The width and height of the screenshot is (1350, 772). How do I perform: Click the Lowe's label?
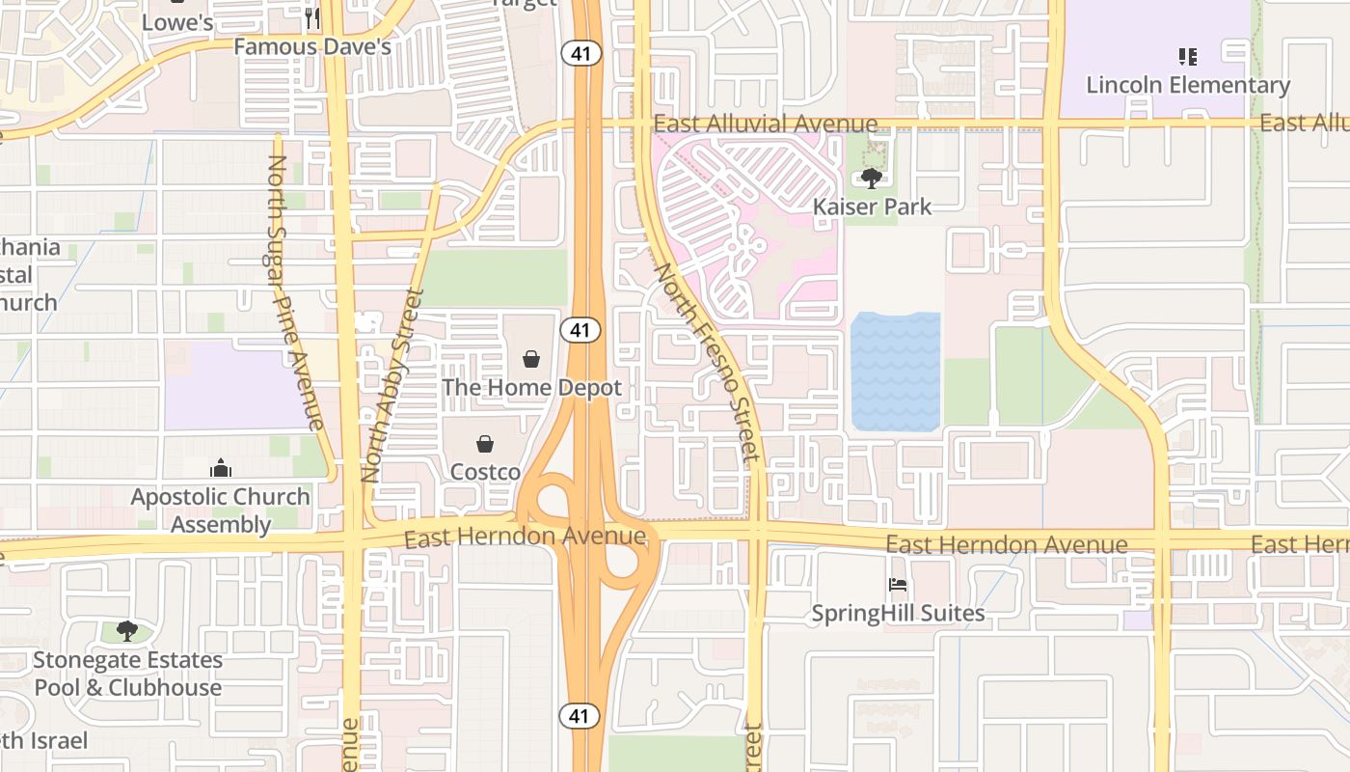[x=177, y=21]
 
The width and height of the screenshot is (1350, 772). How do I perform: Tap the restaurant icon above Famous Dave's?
[x=311, y=17]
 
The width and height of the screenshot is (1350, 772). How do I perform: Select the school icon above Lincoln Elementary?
[x=1188, y=57]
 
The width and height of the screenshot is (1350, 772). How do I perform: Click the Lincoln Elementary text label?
[x=1188, y=85]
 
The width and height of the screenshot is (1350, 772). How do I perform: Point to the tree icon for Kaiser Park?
[x=872, y=179]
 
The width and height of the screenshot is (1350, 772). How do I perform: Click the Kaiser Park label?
[x=872, y=207]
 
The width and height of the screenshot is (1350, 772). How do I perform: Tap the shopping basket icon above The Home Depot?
[x=531, y=360]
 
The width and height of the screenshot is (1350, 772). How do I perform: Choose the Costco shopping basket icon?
[x=485, y=444]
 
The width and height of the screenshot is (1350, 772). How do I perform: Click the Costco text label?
[x=485, y=472]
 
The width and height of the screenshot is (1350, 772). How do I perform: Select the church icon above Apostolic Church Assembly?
[x=221, y=469]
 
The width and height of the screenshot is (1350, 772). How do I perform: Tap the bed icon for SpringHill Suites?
[x=897, y=585]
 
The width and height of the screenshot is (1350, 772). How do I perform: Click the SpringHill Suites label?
[x=897, y=613]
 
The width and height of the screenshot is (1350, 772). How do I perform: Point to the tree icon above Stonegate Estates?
[x=126, y=632]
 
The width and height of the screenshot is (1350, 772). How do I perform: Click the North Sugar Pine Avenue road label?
[x=293, y=291]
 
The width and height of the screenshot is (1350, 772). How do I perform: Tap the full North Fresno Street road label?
[x=702, y=367]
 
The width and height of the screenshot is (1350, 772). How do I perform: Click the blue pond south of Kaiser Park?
[x=895, y=372]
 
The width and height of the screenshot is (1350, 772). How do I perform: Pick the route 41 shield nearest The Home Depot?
[x=579, y=330]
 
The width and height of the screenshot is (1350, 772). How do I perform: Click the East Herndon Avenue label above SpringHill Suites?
[x=1006, y=545]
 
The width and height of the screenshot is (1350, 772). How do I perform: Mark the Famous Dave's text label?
[x=311, y=46]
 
